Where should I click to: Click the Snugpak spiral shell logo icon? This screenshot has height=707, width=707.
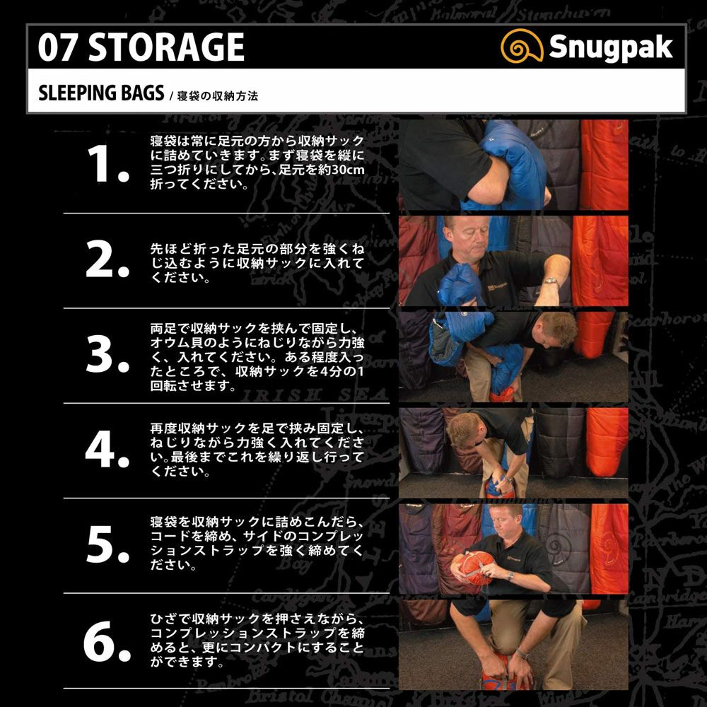[x=522, y=47]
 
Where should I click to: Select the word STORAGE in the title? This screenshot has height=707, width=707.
[x=166, y=47]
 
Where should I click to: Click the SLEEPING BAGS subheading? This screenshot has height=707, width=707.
[x=101, y=93]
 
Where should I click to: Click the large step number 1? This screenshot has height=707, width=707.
[x=107, y=165]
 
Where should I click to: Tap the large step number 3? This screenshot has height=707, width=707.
[x=107, y=356]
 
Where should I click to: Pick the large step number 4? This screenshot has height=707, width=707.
[x=107, y=450]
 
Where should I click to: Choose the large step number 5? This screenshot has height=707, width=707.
[x=107, y=546]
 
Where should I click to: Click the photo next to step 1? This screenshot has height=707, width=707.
[x=513, y=165]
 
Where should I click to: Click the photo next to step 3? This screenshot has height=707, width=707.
[x=513, y=356]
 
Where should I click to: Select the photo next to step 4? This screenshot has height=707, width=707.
[x=513, y=452]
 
